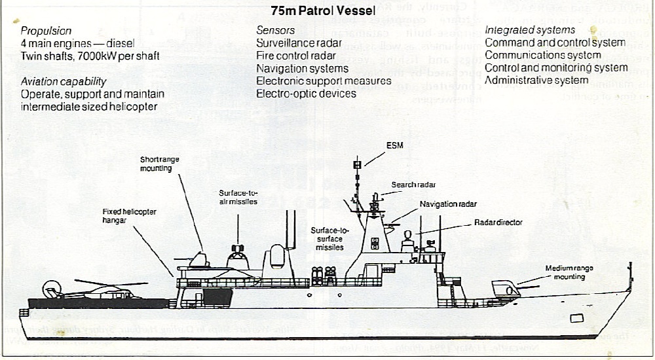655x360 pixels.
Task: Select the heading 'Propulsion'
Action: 47,31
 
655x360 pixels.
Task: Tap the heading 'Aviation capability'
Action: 64,81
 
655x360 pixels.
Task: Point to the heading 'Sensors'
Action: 275,31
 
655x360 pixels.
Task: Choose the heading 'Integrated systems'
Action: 530,30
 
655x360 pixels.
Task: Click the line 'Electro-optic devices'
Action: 306,94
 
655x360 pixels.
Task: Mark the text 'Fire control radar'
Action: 296,56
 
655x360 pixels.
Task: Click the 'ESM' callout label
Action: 396,145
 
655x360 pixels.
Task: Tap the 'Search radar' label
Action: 414,185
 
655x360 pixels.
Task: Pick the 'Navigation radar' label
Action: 449,204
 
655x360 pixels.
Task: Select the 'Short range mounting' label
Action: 155,164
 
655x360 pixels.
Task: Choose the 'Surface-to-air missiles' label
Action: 238,197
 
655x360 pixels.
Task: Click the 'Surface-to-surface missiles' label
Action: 329,239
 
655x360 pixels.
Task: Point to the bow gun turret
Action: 504,289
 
